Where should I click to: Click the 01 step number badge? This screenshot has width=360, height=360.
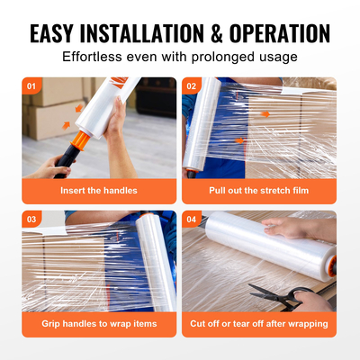32,87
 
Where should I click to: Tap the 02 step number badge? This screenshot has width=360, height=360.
193,87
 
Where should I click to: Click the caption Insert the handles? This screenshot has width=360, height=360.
99,192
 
